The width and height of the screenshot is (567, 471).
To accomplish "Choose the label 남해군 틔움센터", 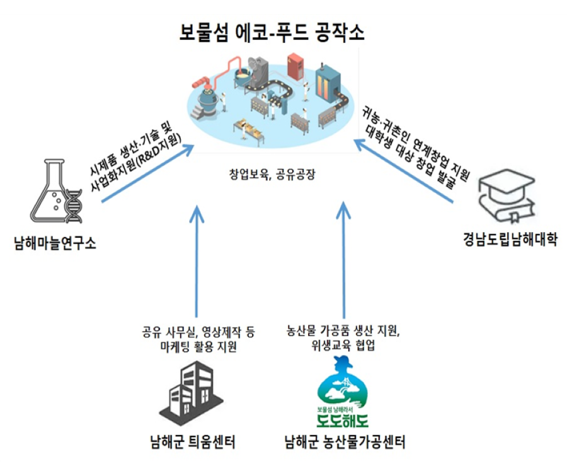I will coord(193,442).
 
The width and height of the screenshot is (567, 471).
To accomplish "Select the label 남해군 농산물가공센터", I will coord(344,442).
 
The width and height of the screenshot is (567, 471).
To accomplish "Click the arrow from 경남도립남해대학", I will coord(403,171).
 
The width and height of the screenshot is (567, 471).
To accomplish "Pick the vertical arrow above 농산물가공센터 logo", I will coord(343,259).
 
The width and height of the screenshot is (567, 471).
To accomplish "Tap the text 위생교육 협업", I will coord(343,346).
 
